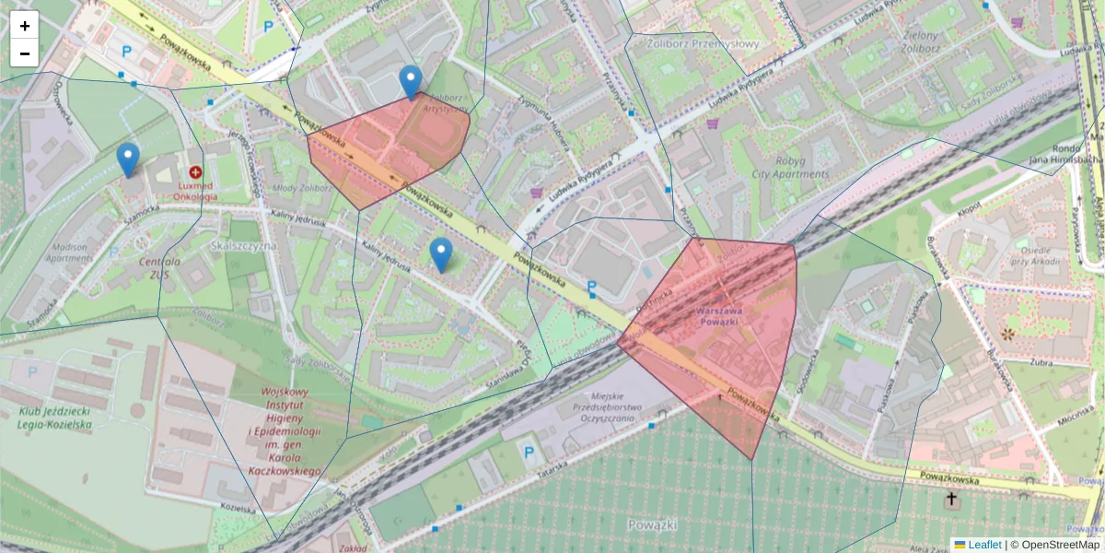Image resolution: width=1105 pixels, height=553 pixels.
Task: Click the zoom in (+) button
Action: [25, 26]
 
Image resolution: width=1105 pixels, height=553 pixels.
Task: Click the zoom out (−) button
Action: [25, 53]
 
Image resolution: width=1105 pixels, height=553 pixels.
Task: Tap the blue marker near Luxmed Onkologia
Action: [129, 159]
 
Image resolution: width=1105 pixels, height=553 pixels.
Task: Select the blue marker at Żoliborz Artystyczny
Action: [411, 82]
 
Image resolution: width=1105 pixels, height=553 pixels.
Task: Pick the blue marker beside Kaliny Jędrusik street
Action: [441, 254]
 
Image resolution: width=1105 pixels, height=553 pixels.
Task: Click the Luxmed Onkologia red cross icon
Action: [195, 172]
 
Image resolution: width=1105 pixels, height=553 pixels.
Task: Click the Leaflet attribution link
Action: [983, 545]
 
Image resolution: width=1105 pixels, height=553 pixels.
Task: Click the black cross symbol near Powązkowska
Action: [951, 500]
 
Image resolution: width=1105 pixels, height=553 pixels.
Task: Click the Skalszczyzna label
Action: [244, 248]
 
